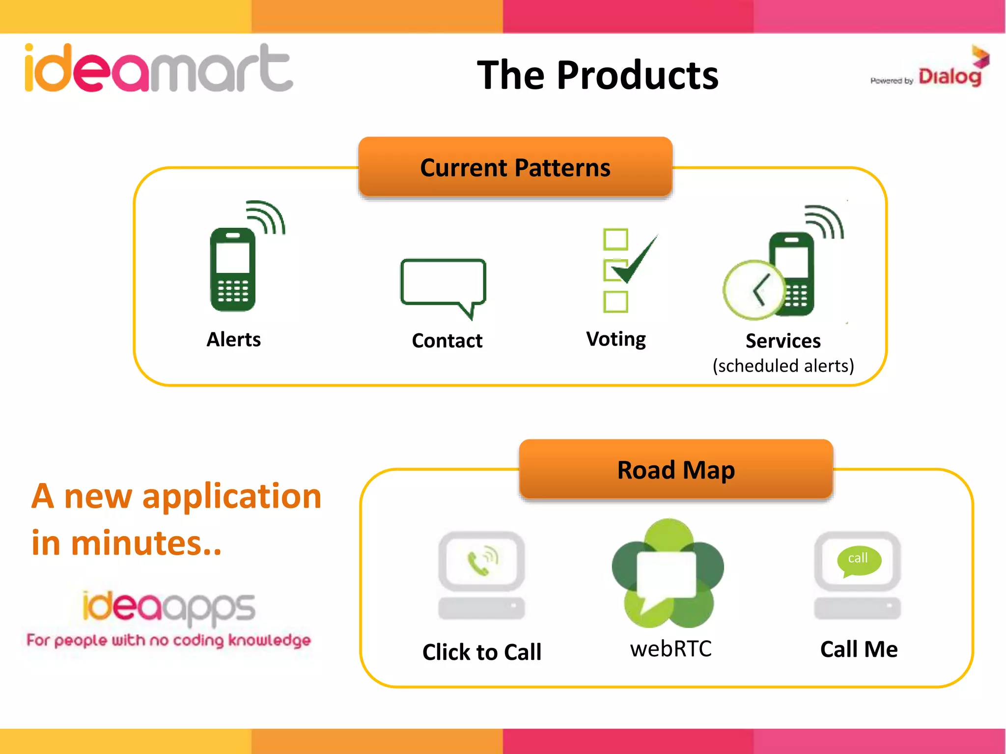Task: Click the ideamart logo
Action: pos(159,69)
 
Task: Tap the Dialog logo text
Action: pos(950,77)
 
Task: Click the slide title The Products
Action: pos(597,75)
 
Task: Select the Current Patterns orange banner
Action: pos(515,167)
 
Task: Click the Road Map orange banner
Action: pos(675,469)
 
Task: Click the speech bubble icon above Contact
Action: pos(443,285)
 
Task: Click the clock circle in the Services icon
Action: pos(754,290)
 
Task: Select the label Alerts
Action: pos(233,339)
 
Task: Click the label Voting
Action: pos(616,339)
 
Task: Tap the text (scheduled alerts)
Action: pos(783,366)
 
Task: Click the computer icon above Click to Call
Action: pos(481,575)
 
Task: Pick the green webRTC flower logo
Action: pos(667,573)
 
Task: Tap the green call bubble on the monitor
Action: pos(859,560)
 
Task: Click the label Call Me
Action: pos(859,649)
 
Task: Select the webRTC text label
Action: pos(671,648)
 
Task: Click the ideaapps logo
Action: pos(168,607)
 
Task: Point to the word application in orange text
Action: pos(231,496)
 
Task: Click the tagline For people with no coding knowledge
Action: pos(168,640)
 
